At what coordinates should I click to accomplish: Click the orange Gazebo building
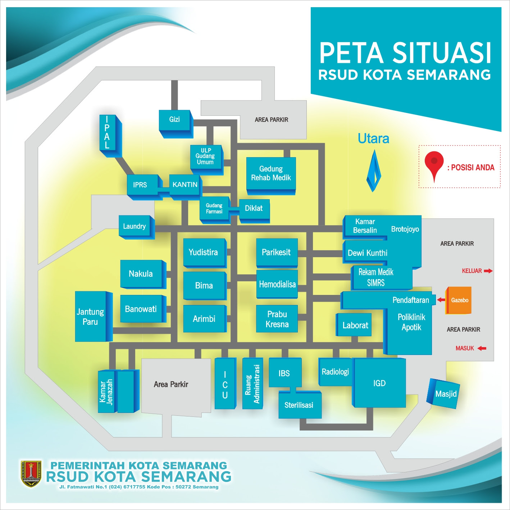click(459, 300)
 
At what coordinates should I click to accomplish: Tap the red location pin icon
click(434, 164)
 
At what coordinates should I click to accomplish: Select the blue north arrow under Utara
click(373, 171)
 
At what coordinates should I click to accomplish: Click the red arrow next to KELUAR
click(488, 271)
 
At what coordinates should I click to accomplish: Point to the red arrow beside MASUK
click(482, 348)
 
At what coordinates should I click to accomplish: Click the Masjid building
click(443, 393)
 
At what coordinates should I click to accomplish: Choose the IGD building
click(379, 383)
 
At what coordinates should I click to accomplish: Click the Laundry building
click(135, 226)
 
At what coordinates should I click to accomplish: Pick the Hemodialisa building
click(277, 284)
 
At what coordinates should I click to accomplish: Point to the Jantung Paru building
click(91, 317)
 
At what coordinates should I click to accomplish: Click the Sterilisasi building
click(299, 405)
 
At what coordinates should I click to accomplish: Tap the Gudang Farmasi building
click(214, 209)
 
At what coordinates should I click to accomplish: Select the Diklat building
click(254, 209)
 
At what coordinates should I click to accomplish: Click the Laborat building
click(354, 325)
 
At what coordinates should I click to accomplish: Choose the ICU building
click(225, 384)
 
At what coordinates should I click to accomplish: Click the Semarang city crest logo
click(31, 473)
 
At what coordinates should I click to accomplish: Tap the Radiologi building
click(335, 372)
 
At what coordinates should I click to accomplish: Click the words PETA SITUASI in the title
click(405, 53)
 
